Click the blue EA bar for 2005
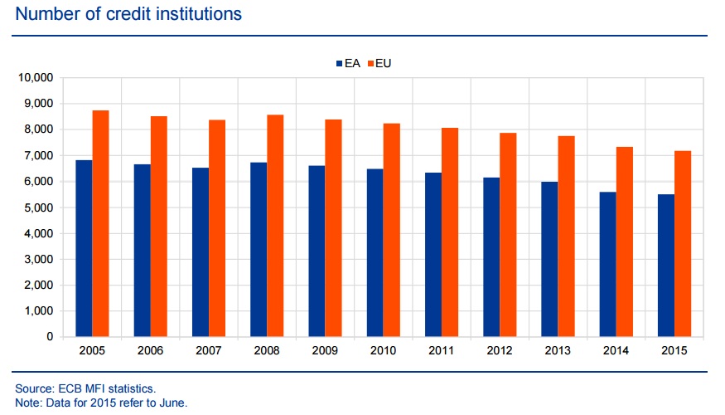pos(84,248)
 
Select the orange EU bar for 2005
pos(100,223)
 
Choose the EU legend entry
pos(383,63)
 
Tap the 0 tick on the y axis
pos(49,337)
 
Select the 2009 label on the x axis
pos(325,351)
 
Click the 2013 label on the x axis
pos(558,351)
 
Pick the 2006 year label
pos(150,351)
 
